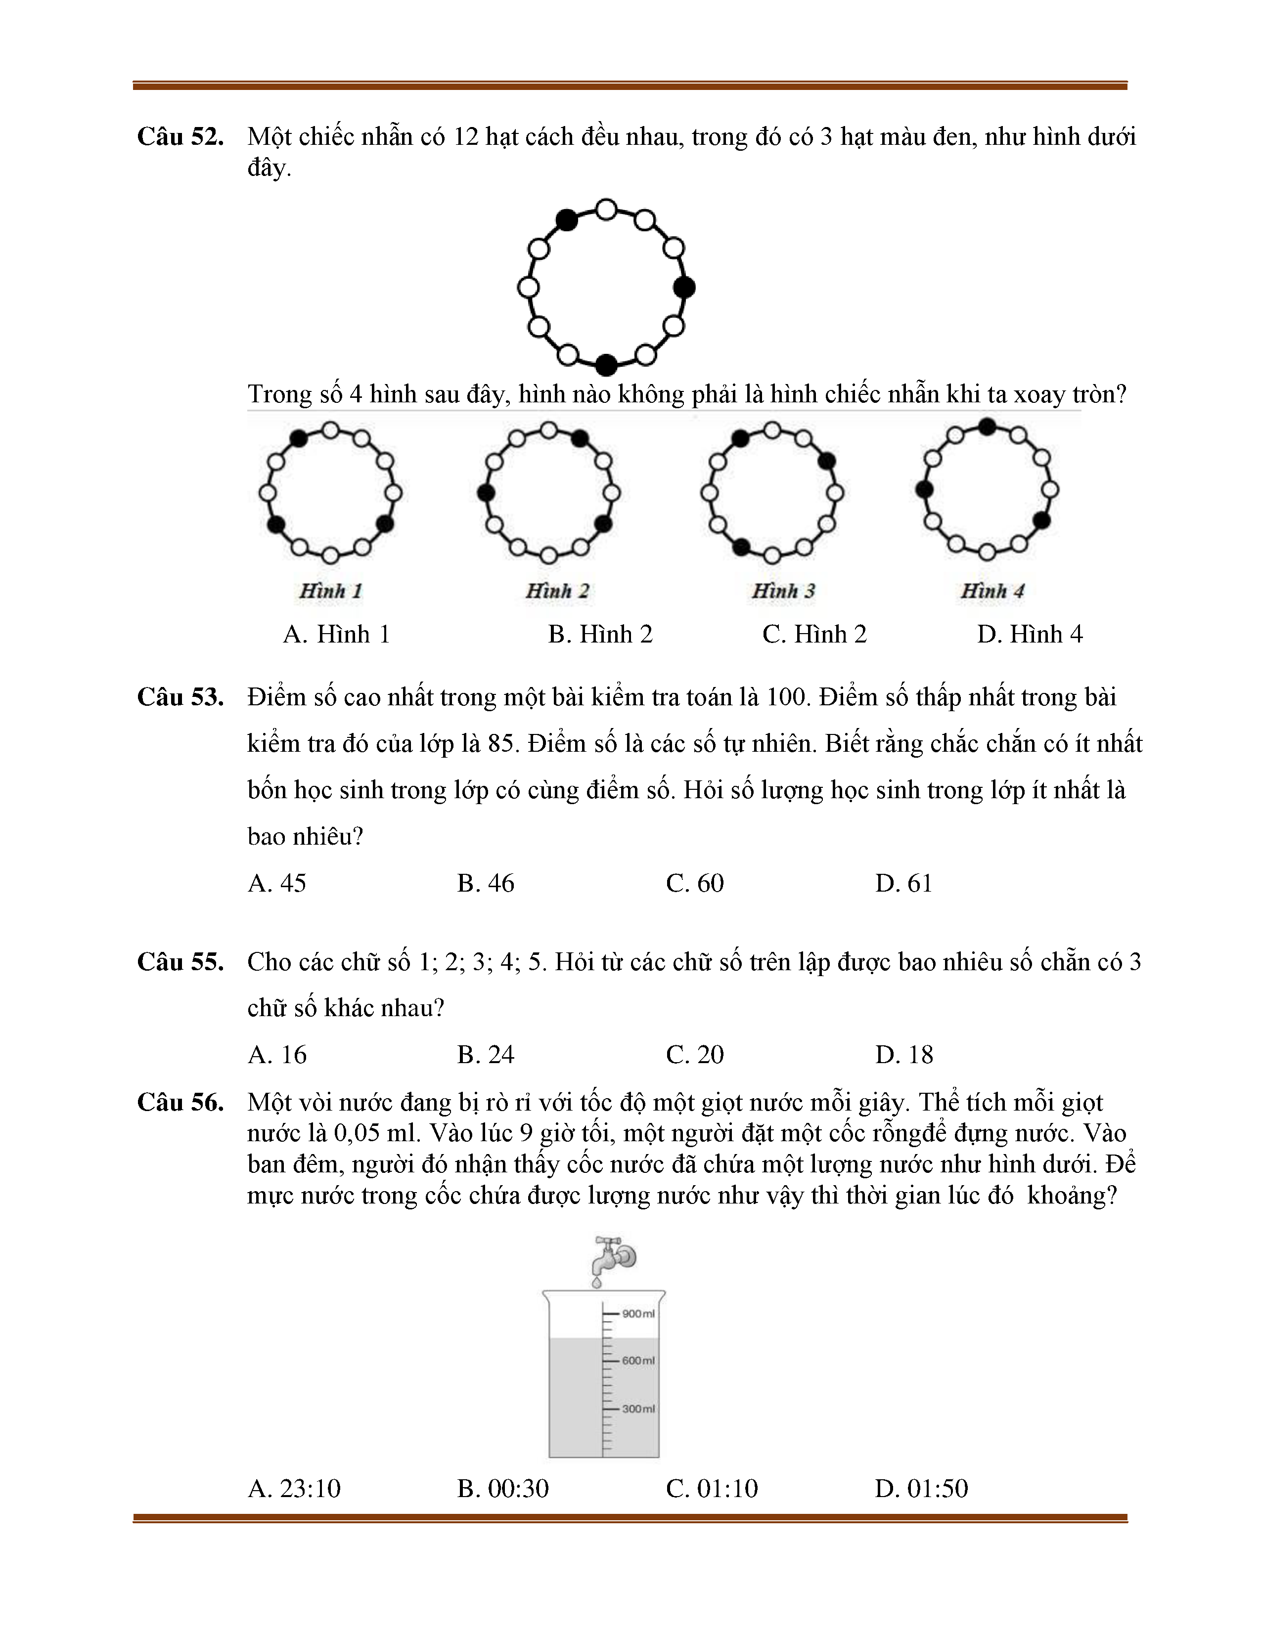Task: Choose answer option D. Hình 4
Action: pos(1030,634)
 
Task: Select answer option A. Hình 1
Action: pos(336,634)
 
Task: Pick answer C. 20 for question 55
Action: pos(695,1055)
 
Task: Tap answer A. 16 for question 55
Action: pos(277,1055)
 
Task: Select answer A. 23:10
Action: pos(294,1488)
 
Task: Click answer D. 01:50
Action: pos(921,1488)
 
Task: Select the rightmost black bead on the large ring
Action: pos(684,287)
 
